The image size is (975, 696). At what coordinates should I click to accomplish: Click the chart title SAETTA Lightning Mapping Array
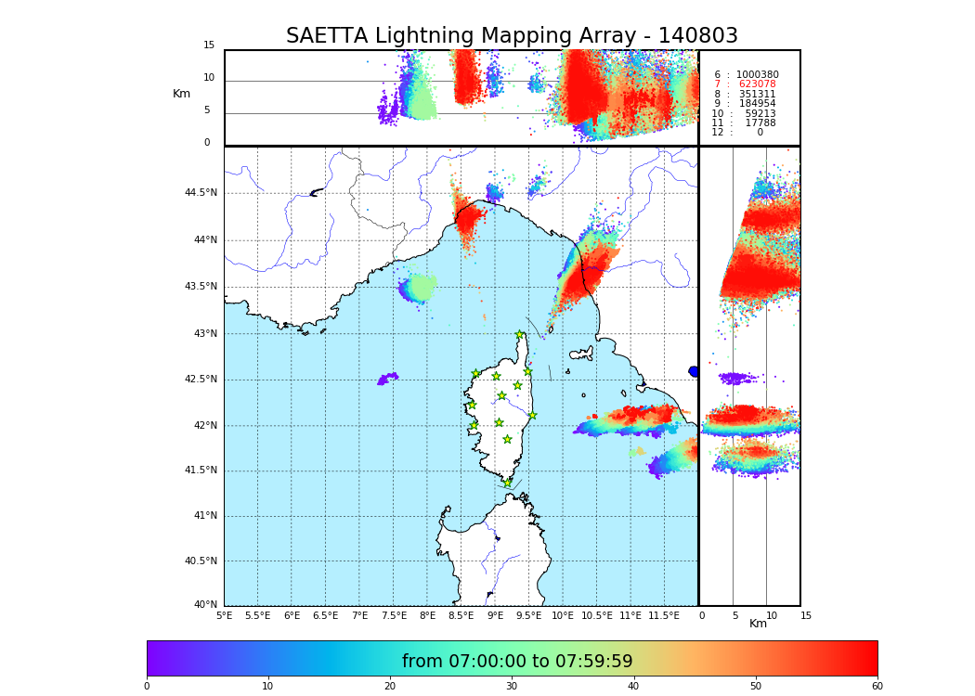point(512,36)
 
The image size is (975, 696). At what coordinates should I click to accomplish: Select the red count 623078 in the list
point(757,84)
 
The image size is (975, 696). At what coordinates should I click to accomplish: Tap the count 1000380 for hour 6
point(757,75)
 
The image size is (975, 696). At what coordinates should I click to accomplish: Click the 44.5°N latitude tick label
point(201,193)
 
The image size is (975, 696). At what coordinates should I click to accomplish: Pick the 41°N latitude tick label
point(203,516)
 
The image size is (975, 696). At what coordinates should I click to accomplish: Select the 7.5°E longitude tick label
point(394,615)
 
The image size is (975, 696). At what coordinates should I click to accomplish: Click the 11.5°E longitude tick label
point(664,615)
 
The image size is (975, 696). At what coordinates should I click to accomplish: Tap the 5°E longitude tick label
point(224,615)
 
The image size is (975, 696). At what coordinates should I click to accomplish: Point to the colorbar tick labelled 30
point(512,687)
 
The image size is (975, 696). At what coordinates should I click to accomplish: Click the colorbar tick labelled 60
point(877,687)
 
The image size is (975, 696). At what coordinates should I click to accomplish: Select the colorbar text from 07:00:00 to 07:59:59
point(517,662)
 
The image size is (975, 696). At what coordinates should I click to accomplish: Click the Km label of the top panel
point(182,94)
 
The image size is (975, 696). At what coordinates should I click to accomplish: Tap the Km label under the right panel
point(759,624)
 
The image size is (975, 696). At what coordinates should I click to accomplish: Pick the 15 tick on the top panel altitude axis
point(209,45)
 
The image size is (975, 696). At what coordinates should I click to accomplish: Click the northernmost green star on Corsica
point(520,335)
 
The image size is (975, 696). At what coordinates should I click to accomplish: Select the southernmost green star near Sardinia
point(507,483)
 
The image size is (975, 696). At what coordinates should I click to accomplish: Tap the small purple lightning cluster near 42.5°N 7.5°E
point(389,378)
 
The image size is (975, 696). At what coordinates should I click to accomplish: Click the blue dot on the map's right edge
point(694,371)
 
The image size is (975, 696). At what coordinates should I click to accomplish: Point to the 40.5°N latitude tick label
point(201,561)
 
